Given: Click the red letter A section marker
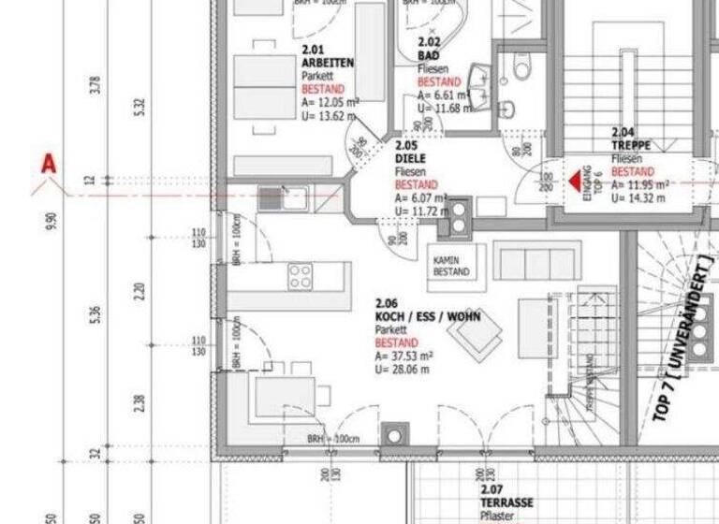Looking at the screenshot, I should pos(48,166).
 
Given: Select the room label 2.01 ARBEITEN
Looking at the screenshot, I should pos(327,56).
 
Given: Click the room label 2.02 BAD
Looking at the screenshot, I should pos(430,50).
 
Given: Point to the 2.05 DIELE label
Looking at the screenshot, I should pos(410,153).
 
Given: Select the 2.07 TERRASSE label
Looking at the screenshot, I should pos(506,497).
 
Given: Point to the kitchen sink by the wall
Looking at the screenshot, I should pos(272,196).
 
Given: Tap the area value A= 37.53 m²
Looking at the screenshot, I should pos(404,357).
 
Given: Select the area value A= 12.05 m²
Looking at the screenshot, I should pos(329,102).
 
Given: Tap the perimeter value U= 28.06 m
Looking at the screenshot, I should pos(403,370).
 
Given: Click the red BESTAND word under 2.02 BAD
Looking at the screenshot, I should pos(433,81).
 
